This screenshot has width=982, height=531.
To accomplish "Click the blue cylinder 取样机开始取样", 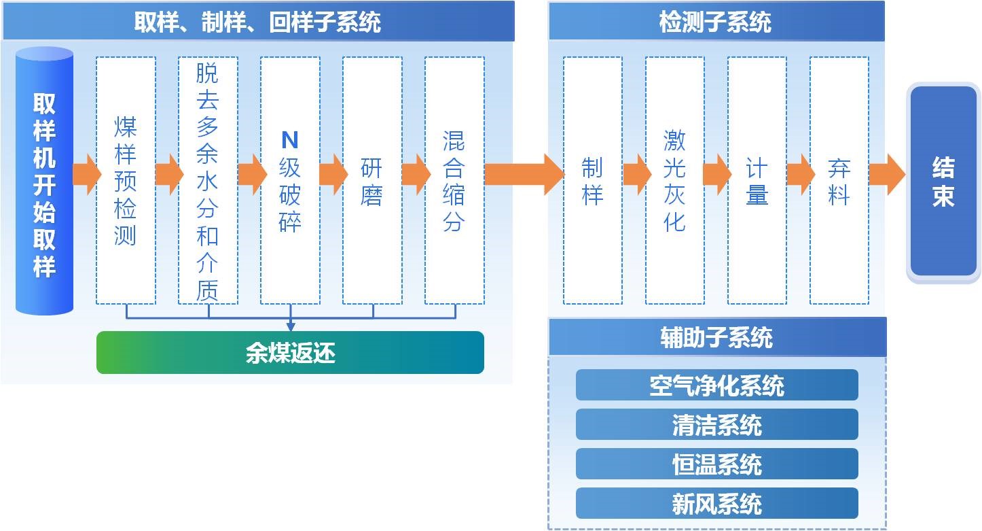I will click(x=44, y=181).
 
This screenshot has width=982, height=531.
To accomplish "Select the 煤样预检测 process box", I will click(x=126, y=180).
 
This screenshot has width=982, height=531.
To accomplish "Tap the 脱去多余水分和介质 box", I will click(x=208, y=180).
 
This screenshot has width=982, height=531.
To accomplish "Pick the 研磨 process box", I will click(x=372, y=180).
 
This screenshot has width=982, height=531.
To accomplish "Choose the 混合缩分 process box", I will click(x=454, y=180).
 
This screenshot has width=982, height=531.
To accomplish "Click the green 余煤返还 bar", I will click(x=290, y=353).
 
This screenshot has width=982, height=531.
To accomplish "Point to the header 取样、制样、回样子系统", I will click(x=257, y=22).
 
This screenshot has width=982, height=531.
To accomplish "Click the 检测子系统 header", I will click(x=716, y=22).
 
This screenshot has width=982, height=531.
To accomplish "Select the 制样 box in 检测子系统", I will click(x=593, y=180).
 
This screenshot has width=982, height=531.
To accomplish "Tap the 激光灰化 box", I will click(x=674, y=180).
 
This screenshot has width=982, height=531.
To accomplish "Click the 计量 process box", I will click(x=757, y=180).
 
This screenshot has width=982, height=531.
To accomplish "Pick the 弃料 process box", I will click(x=839, y=180).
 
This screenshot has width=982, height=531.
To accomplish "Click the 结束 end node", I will click(x=943, y=181).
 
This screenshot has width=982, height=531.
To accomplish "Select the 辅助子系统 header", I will click(x=716, y=337).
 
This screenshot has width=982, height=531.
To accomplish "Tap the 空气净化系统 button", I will click(x=716, y=386).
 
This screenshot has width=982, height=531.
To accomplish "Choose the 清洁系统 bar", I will click(x=716, y=425).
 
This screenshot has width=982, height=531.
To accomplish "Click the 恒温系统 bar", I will click(x=716, y=464).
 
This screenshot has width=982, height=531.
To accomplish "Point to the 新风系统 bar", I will click(x=716, y=504).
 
